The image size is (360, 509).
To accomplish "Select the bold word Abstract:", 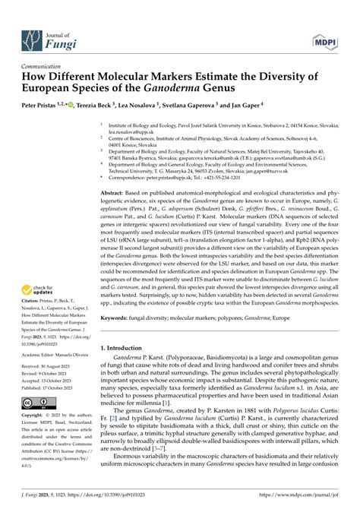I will (x=114, y=174).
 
